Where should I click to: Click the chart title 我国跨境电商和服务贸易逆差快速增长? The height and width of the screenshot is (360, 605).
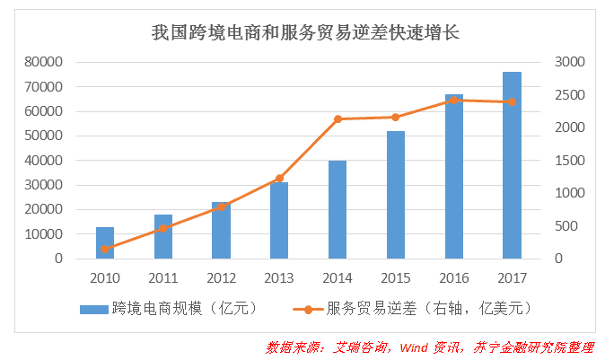[x=304, y=34]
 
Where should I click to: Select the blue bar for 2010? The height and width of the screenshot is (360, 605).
[x=105, y=243]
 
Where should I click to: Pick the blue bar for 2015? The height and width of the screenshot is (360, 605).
[x=396, y=195]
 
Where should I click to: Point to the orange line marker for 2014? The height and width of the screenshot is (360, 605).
[x=338, y=119]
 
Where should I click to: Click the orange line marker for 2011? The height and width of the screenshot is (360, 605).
[x=163, y=229]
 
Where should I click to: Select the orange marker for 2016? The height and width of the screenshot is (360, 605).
[x=454, y=100]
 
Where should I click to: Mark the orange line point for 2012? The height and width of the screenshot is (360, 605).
[x=221, y=207]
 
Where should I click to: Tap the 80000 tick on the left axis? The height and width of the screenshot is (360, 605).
[x=44, y=62]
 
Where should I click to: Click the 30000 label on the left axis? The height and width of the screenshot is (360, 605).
[x=44, y=185]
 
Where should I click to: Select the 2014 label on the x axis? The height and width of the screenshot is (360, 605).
[x=338, y=277]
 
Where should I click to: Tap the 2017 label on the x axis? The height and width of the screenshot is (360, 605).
[x=512, y=277]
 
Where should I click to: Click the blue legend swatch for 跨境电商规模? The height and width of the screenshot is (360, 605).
[x=94, y=309]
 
